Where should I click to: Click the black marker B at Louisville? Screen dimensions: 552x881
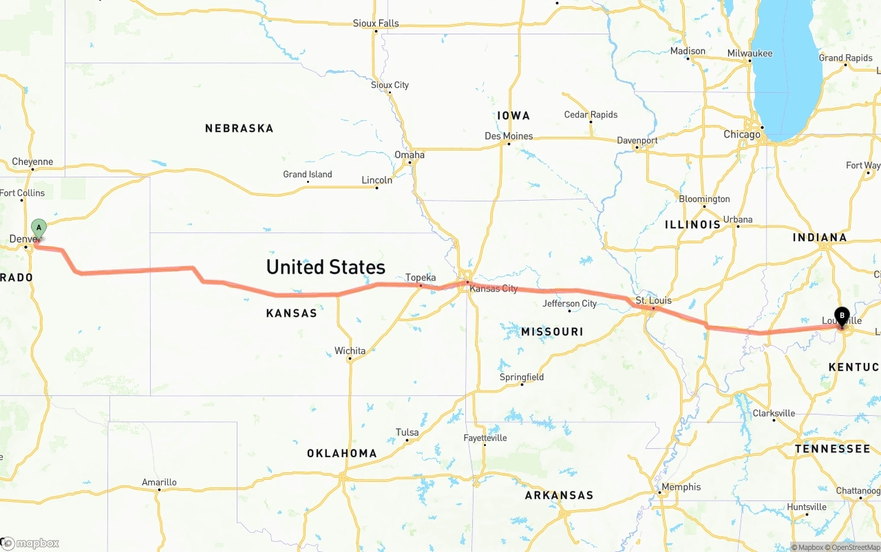tap(841, 316)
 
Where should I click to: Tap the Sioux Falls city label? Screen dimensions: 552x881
tap(376, 23)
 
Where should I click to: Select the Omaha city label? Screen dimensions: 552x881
tap(410, 155)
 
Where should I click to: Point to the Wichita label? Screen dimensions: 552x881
tap(350, 351)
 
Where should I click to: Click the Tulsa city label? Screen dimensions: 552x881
tap(407, 432)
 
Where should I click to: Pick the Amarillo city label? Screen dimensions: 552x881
tap(159, 483)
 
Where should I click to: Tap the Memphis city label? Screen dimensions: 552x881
tap(681, 487)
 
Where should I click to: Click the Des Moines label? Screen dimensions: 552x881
tap(509, 136)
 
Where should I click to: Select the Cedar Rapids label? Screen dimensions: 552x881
tap(591, 115)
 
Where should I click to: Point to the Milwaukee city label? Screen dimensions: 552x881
tap(750, 54)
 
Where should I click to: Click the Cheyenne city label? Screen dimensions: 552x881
tap(32, 162)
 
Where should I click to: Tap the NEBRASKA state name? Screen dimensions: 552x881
tap(239, 129)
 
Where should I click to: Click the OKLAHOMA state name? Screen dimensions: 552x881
tap(341, 454)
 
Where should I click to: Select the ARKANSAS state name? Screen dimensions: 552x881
tap(559, 496)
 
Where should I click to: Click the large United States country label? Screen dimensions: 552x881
tap(326, 267)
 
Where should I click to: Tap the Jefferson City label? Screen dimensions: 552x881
tap(569, 304)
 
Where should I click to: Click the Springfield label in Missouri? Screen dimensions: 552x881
tap(522, 377)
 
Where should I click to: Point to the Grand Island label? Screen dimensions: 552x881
tap(307, 175)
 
